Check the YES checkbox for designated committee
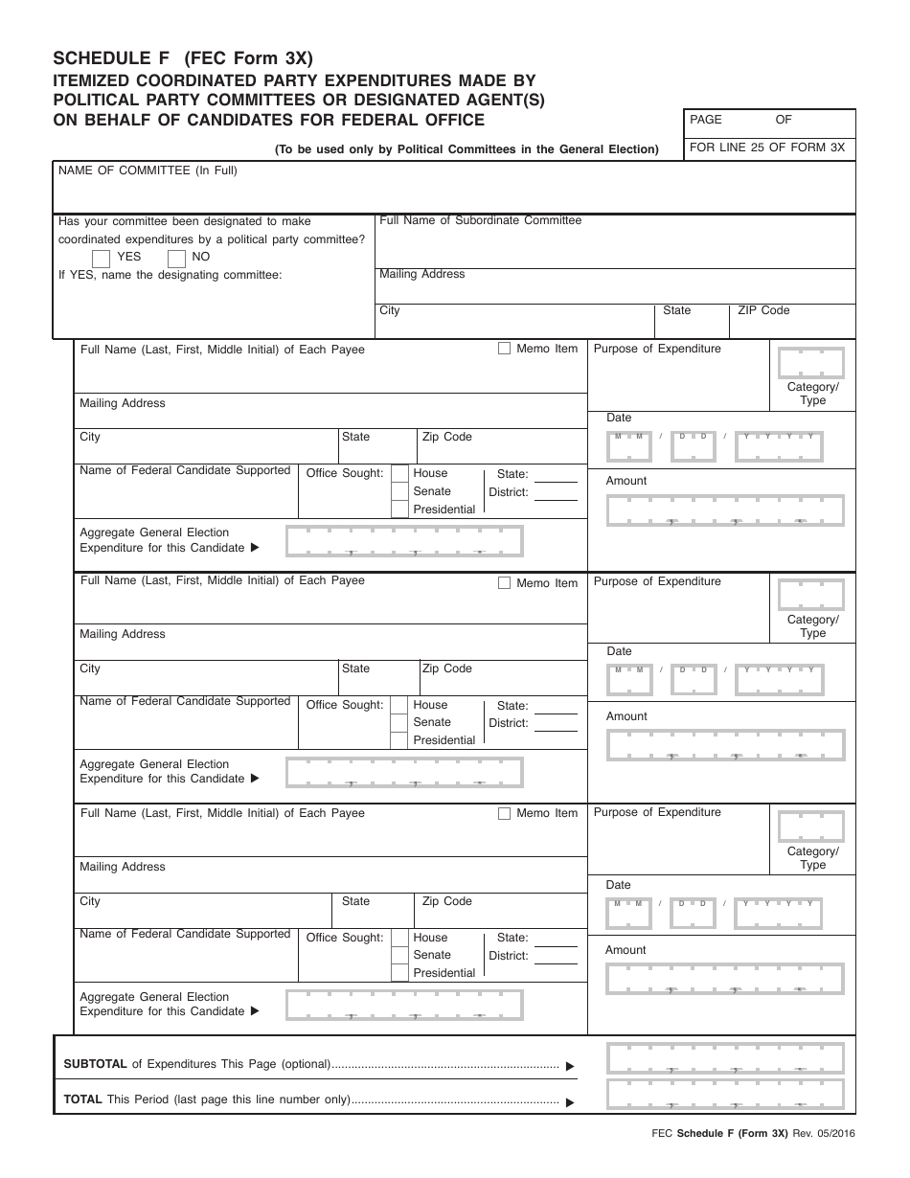pos(101,258)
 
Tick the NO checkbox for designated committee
pos(176,258)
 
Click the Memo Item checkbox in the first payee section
pos(504,349)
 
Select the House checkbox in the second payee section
pos(399,706)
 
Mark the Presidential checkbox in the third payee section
pos(399,973)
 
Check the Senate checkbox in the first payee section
pos(399,491)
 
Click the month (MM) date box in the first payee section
pos(628,444)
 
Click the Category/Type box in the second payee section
pos(811,595)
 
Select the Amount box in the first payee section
pos(725,510)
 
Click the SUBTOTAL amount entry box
pos(725,1058)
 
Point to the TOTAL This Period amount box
pos(725,1094)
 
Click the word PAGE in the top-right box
pos(706,120)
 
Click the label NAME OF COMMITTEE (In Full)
pos(148,170)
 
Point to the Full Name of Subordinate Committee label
pos(481,220)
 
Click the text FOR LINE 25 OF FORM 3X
pos(767,147)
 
